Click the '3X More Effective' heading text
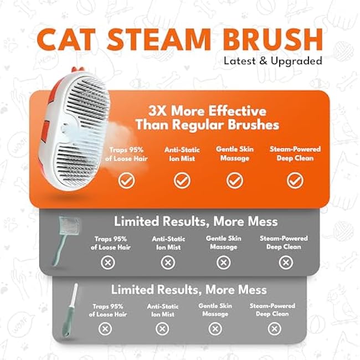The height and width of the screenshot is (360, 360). tap(207, 111)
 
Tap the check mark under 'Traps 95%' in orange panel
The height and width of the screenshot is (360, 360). tap(127, 180)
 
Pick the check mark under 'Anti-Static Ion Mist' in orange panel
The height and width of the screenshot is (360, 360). tap(182, 180)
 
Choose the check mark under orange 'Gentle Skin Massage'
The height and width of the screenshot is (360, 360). tap(234, 180)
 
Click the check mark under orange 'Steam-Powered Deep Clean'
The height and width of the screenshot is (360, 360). tap(295, 180)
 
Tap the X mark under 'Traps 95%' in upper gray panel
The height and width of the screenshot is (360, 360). tap(108, 262)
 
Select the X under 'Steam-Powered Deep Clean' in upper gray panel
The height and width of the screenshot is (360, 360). tap(286, 262)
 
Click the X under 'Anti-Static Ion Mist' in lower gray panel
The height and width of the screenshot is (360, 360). tap(162, 329)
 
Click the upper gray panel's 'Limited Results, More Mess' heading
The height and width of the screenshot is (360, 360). tap(196, 222)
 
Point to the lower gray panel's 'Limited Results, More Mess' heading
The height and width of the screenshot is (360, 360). tap(189, 290)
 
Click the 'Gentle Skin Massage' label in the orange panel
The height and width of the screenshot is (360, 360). tap(234, 153)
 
